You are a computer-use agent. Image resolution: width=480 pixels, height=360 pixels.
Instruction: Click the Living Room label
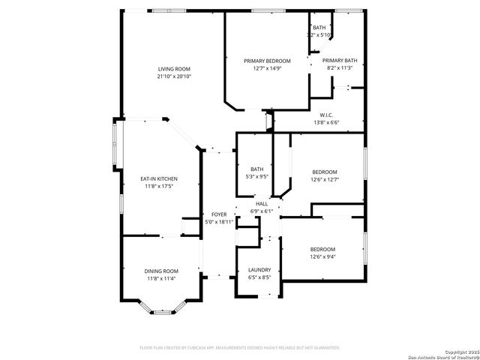(x=173, y=69)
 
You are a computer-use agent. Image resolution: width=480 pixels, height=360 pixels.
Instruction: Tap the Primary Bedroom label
(x=267, y=61)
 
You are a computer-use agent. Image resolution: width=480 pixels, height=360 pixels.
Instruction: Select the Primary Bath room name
(x=340, y=61)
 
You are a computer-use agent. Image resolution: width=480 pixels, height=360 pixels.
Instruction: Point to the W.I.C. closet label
(x=326, y=115)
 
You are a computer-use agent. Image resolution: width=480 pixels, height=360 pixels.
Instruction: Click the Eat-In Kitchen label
(x=159, y=178)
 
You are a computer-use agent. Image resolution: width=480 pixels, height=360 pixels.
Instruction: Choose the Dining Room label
(x=161, y=271)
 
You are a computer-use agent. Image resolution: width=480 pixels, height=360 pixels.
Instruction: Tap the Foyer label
(x=219, y=214)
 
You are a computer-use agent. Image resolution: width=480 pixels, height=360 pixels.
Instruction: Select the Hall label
(x=262, y=204)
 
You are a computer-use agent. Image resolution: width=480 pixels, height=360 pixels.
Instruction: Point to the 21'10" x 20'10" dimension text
(x=173, y=76)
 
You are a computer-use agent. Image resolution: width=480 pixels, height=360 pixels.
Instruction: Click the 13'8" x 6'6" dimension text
(x=326, y=122)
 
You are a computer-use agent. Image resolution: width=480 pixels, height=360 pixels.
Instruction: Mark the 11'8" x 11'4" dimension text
(x=161, y=278)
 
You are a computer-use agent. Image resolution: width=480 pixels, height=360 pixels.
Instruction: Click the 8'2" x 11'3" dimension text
(x=340, y=68)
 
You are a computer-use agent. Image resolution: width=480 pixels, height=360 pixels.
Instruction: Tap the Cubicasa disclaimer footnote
(x=240, y=348)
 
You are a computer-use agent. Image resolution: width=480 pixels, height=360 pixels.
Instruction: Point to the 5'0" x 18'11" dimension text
(x=220, y=222)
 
